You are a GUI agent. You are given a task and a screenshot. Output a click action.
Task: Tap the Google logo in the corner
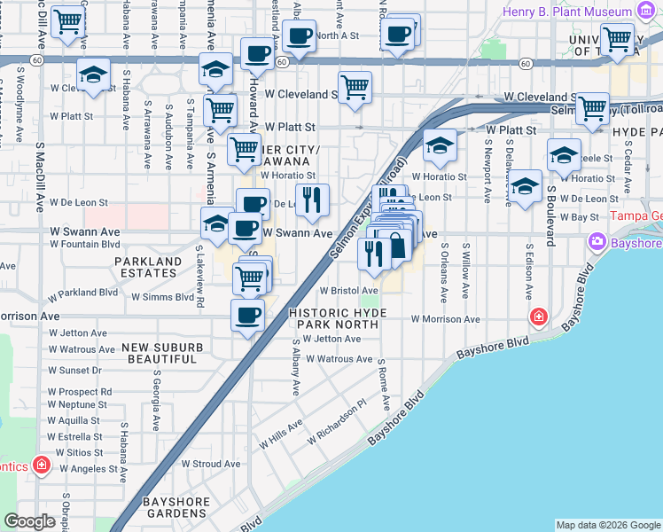pyautogui.click(x=29, y=521)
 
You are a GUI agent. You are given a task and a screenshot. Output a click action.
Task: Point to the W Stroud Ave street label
pyautogui.click(x=210, y=463)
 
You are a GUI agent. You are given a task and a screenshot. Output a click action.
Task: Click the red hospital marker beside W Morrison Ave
pyautogui.click(x=538, y=317)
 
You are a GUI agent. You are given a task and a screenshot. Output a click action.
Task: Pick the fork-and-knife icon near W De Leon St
pyautogui.click(x=309, y=201)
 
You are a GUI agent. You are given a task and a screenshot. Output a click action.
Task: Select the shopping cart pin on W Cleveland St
pyautogui.click(x=355, y=88)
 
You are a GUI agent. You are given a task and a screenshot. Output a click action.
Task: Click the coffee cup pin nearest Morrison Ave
pyautogui.click(x=247, y=315)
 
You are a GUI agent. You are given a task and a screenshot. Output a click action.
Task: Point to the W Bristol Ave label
pyautogui.click(x=349, y=290)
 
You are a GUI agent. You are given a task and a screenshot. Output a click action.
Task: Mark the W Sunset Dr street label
pyautogui.click(x=74, y=370)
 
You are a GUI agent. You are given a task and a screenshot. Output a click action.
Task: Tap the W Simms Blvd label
pyautogui.click(x=162, y=298)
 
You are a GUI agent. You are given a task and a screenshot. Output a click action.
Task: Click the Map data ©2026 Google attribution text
pyautogui.click(x=607, y=525)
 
